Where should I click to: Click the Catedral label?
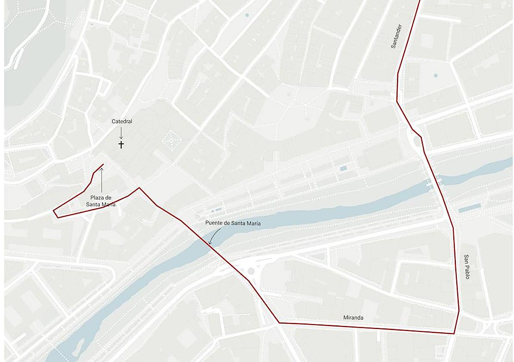(122, 122)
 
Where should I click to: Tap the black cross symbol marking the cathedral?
(121, 144)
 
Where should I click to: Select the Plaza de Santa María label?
(101, 201)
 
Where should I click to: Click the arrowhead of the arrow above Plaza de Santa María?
(102, 169)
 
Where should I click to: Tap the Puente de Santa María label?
(233, 223)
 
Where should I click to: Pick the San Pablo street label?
(467, 266)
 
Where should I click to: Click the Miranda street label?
(353, 318)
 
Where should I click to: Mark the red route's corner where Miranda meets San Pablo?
(454, 334)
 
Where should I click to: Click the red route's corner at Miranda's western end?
(279, 322)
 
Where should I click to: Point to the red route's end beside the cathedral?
(103, 164)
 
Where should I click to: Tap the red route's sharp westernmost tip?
(53, 211)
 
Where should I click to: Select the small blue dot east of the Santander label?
(436, 75)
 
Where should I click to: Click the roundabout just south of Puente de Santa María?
(250, 271)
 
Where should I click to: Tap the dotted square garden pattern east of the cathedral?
(172, 139)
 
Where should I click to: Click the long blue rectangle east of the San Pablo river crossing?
(469, 208)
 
